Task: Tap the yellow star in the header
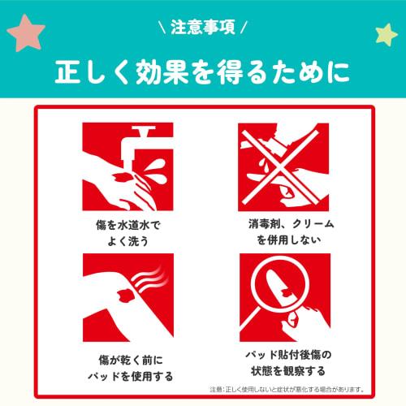coord(384,34)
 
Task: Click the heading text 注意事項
coord(203,28)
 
